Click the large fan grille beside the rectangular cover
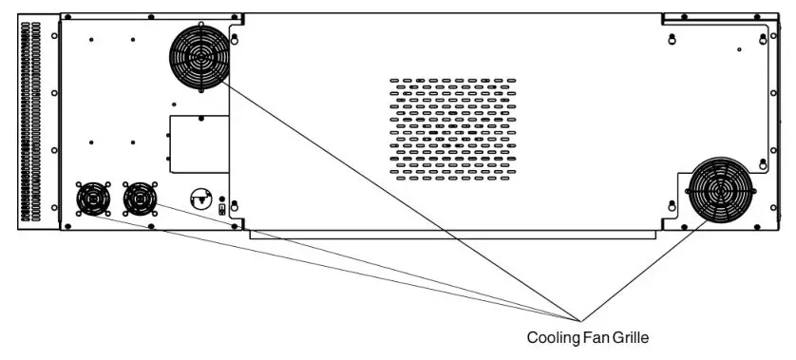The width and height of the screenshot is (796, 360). tap(200, 56)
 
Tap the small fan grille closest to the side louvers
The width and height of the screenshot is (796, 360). tap(93, 199)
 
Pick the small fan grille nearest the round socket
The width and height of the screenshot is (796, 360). tap(141, 199)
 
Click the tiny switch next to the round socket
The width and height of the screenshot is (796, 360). tap(222, 209)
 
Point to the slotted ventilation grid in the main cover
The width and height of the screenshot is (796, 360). tap(454, 129)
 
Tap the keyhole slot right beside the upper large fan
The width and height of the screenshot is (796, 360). tap(236, 39)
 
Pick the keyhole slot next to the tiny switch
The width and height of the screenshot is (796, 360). tap(236, 205)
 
